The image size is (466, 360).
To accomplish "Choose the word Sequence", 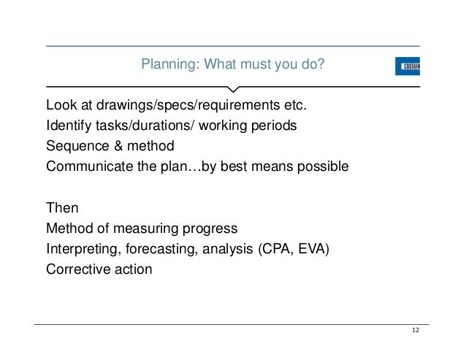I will click(x=75, y=145).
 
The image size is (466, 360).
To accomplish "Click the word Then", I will click(x=62, y=207).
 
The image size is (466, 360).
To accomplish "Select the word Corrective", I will click(x=77, y=269).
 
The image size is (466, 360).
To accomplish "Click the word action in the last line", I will click(x=132, y=269).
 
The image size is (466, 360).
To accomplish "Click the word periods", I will click(x=275, y=125).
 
